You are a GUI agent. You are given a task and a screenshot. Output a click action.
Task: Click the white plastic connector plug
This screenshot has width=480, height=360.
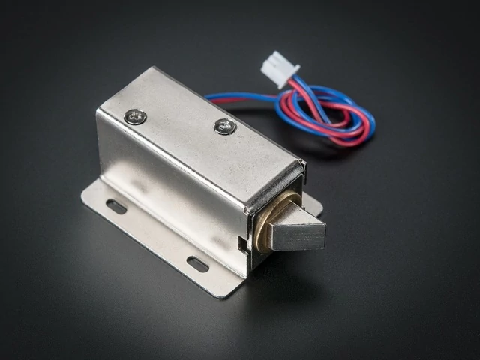point(279,70)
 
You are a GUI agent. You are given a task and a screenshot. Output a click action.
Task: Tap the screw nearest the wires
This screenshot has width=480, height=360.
point(225,127)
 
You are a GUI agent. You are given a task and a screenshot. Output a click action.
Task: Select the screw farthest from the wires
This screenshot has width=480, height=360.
point(136,116)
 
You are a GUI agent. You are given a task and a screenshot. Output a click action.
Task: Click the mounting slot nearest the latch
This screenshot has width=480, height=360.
point(197,264)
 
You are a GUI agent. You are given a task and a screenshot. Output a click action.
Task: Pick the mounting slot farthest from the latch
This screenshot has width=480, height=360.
point(116,206)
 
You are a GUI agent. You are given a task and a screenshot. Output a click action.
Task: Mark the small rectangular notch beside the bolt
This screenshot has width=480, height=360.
point(241,242)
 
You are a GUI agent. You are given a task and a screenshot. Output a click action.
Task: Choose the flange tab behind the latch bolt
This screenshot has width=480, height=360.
point(313,202)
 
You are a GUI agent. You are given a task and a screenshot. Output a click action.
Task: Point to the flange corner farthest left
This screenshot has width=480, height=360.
point(83,196)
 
